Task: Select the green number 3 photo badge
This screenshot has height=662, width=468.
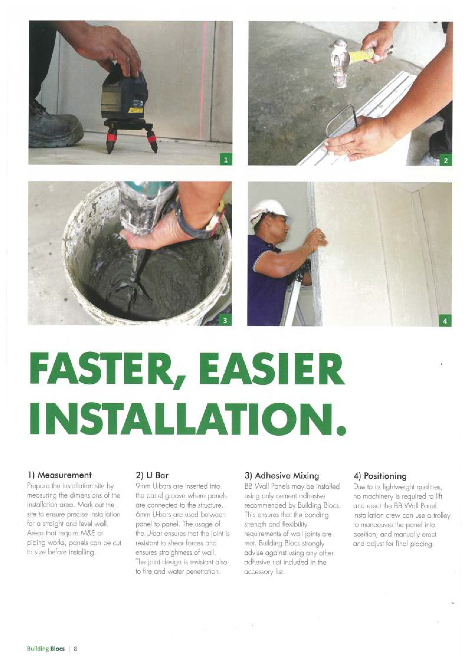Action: point(225,320)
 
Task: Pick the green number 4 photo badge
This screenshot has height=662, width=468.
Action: point(445,321)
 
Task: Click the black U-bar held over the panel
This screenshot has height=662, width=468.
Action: point(343,120)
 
